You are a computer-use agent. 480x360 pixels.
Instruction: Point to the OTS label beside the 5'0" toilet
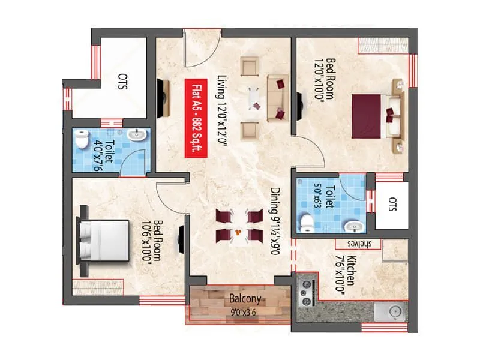click(x=392, y=204)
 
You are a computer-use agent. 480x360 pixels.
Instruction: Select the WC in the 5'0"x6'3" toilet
click(x=307, y=221)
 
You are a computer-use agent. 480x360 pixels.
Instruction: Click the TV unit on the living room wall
click(x=163, y=99)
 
